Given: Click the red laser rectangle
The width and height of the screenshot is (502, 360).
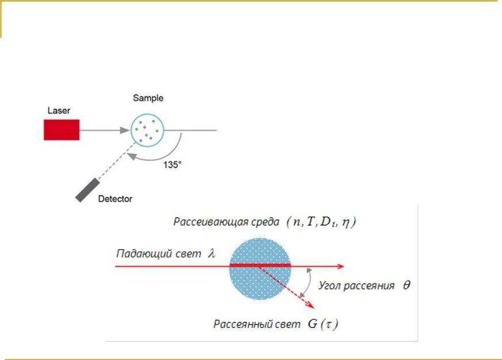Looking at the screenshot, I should [62, 129].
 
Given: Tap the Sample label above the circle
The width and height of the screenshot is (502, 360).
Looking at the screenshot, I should [148, 98].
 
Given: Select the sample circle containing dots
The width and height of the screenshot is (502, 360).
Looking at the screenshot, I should [147, 130].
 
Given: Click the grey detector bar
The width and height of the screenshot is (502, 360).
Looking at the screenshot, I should [87, 189].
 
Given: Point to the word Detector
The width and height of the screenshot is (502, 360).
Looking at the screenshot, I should [115, 199].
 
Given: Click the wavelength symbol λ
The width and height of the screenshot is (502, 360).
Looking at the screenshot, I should [211, 253].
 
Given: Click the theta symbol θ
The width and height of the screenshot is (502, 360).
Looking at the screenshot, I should [407, 285].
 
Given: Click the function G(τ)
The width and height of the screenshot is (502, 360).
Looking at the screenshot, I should [323, 324].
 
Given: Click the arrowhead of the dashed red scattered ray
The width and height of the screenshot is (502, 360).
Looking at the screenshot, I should [311, 305].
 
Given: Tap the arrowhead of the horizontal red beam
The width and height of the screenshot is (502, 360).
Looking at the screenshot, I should [340, 266].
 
